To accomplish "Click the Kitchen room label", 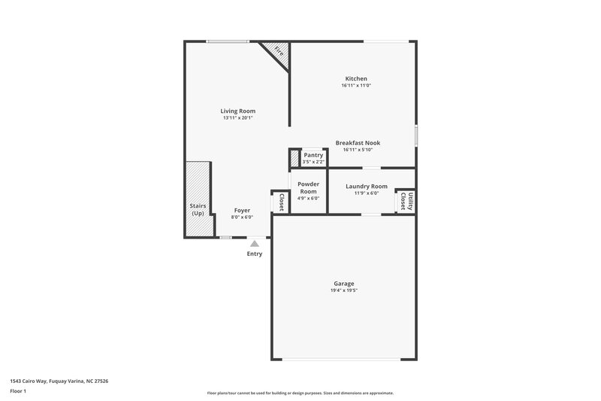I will [x=356, y=79].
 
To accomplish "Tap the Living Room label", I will [x=237, y=111].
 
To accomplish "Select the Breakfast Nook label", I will [x=358, y=143].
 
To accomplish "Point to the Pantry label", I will [x=313, y=155].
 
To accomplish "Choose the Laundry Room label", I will [x=367, y=187].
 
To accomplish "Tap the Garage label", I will [x=344, y=284].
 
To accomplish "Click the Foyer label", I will [x=242, y=211].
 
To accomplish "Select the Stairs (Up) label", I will [x=198, y=209].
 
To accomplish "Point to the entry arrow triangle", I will [x=255, y=243].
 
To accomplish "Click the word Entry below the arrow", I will [x=255, y=254].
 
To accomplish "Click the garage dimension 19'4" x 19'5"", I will [x=344, y=290].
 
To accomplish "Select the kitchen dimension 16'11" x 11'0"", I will [x=356, y=86].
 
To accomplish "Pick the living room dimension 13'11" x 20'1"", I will [x=237, y=118].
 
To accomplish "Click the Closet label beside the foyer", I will [x=281, y=202].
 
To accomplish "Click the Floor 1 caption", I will [x=19, y=392].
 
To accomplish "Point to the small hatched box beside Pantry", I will [x=294, y=159].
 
